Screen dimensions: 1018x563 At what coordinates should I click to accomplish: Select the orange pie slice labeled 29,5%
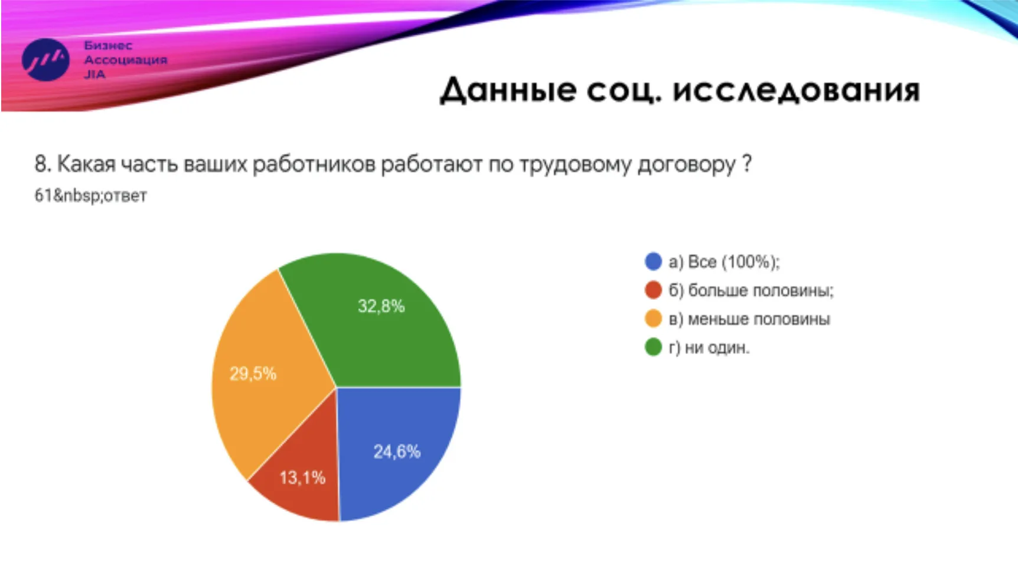pyautogui.click(x=266, y=378)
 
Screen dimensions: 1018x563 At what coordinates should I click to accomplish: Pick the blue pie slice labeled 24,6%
pyautogui.click(x=396, y=449)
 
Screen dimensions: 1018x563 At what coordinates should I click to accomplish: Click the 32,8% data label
pyautogui.click(x=381, y=306)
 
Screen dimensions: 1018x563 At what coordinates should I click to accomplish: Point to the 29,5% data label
pyautogui.click(x=253, y=374)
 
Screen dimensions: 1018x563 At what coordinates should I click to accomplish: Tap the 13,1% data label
pyautogui.click(x=302, y=477)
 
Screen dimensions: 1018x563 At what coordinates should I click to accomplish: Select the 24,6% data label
pyautogui.click(x=397, y=452)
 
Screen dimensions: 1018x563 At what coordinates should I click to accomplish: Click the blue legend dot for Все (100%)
pyautogui.click(x=653, y=261)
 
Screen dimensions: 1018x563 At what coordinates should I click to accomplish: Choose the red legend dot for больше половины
pyautogui.click(x=653, y=290)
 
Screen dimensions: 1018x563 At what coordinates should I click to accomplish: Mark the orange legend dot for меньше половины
pyautogui.click(x=653, y=319)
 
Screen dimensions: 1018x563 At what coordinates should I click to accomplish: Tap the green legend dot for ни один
pyautogui.click(x=653, y=347)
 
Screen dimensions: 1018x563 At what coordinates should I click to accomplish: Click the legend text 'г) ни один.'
pyautogui.click(x=709, y=348)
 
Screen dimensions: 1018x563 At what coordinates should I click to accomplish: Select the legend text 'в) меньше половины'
pyautogui.click(x=749, y=319)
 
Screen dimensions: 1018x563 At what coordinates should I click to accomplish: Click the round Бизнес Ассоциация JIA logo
pyautogui.click(x=45, y=60)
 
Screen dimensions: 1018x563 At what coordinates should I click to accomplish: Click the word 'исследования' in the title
pyautogui.click(x=796, y=91)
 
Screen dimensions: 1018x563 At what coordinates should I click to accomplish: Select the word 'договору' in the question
pyautogui.click(x=687, y=165)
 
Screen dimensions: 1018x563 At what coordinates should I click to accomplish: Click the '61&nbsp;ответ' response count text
pyautogui.click(x=90, y=196)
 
